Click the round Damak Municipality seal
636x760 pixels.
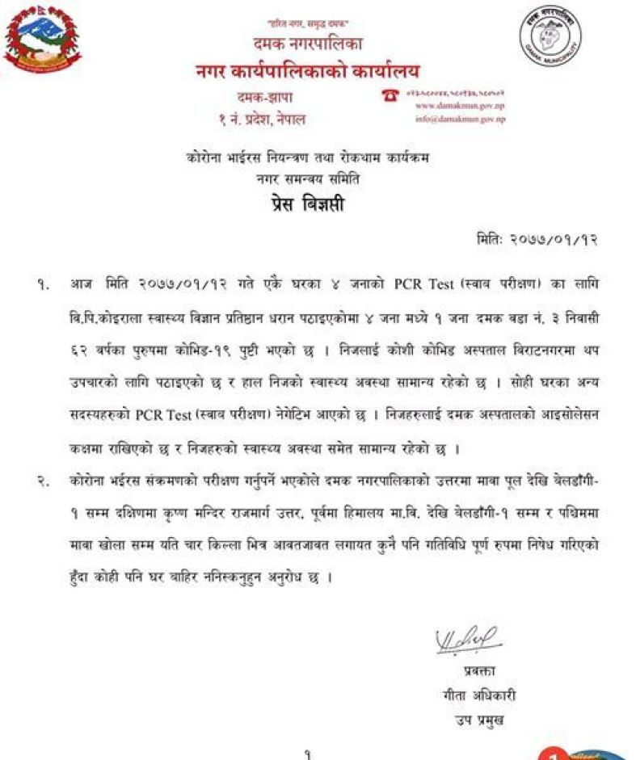551,42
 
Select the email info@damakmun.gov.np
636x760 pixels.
459,119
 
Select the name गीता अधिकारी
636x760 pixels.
468,695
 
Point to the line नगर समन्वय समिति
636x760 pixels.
306,178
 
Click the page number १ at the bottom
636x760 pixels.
308,754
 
